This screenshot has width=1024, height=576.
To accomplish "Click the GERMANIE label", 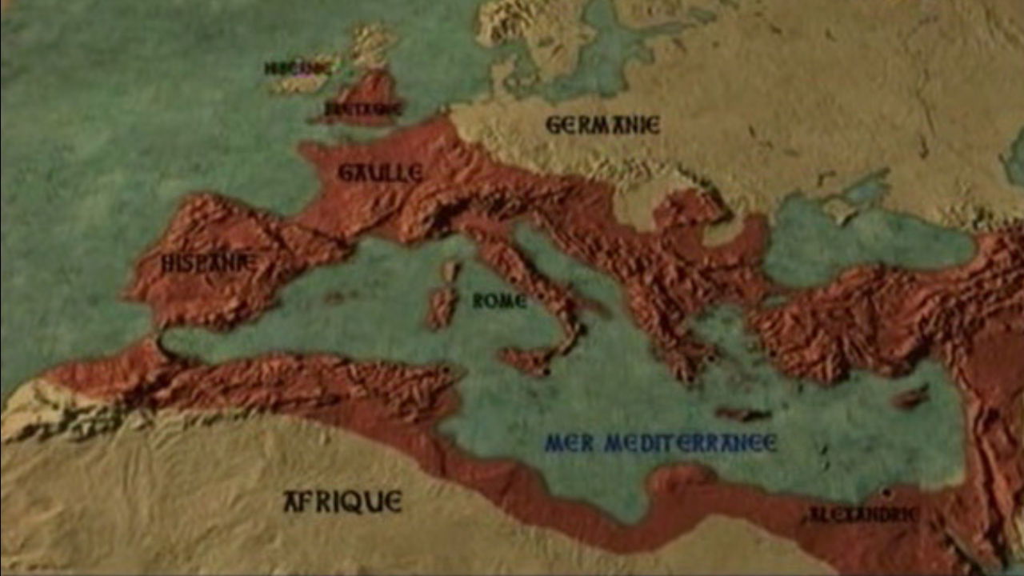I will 602,125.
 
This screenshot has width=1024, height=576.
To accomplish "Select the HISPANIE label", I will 208,262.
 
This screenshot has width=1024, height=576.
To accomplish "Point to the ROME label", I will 499,302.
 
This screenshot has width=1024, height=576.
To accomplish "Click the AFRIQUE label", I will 342,502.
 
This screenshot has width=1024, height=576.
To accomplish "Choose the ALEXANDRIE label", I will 862,514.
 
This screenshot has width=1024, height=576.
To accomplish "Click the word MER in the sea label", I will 569,443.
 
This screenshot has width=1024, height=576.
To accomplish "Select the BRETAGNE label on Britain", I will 362,109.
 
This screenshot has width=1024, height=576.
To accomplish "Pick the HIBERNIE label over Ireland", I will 298,69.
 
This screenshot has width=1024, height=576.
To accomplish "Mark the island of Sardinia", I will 441,309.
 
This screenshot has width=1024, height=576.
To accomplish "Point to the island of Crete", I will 742,414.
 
